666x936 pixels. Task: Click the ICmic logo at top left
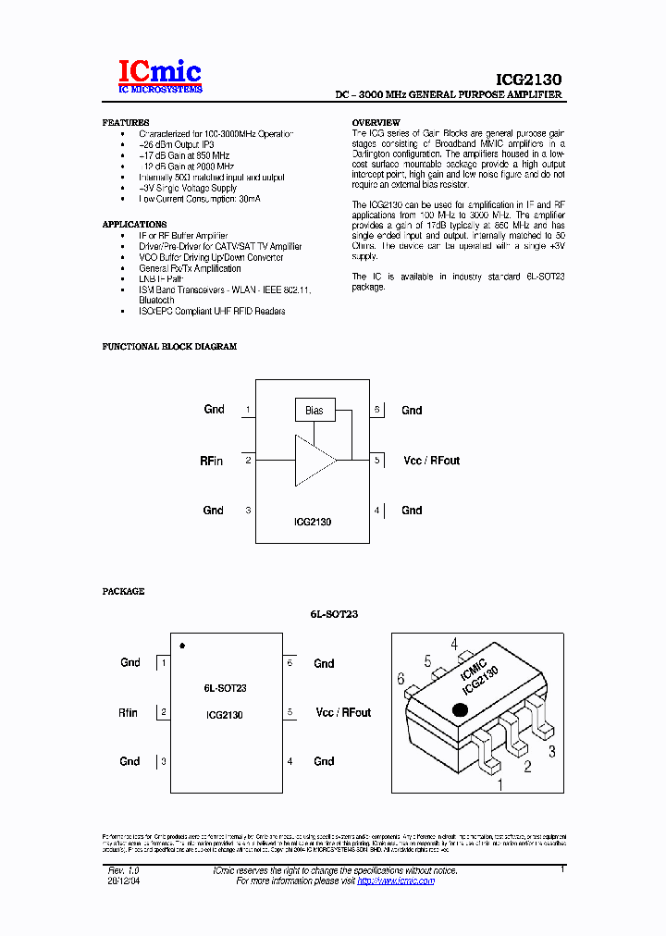159,76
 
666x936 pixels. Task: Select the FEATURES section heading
126,123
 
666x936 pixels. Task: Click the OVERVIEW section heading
376,123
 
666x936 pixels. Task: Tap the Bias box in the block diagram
314,410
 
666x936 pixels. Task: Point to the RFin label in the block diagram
212,461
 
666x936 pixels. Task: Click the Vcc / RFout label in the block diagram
432,461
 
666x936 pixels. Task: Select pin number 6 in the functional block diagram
377,409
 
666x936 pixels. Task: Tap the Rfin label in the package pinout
128,713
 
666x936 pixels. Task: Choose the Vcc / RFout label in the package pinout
343,712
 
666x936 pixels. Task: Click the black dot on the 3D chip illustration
458,709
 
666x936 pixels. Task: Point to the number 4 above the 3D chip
454,645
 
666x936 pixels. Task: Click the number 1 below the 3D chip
501,785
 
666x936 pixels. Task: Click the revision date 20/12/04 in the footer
127,881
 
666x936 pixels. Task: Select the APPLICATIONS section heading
135,225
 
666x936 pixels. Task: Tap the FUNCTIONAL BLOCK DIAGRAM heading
169,347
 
